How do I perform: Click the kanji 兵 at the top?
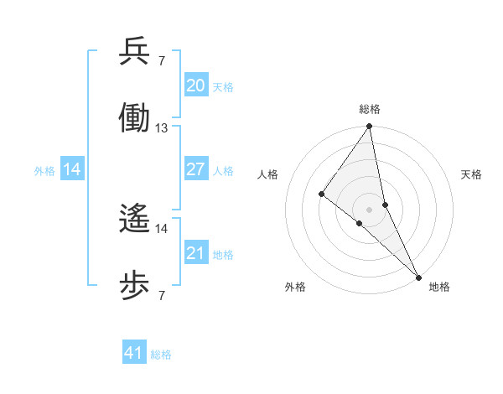coord(134,53)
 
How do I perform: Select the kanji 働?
coord(134,118)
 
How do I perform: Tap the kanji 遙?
coord(134,220)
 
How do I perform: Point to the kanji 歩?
coord(134,285)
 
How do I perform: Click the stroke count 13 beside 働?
coord(162,128)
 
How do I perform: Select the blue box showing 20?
coord(195,86)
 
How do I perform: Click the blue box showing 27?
coord(195,169)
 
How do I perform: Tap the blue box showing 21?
coord(195,253)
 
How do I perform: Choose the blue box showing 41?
coord(134,353)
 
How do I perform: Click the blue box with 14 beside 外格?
coord(72,169)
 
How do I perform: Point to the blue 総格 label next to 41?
coord(161,355)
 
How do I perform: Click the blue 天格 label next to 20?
coord(222,86)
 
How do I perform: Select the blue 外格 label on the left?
coord(44,170)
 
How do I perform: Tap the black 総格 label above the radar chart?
coord(370,109)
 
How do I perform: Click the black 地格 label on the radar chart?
coord(439,287)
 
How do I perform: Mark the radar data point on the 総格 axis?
coord(369,127)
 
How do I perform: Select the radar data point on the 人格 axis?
coord(321,194)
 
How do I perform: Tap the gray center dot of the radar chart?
coord(369,209)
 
